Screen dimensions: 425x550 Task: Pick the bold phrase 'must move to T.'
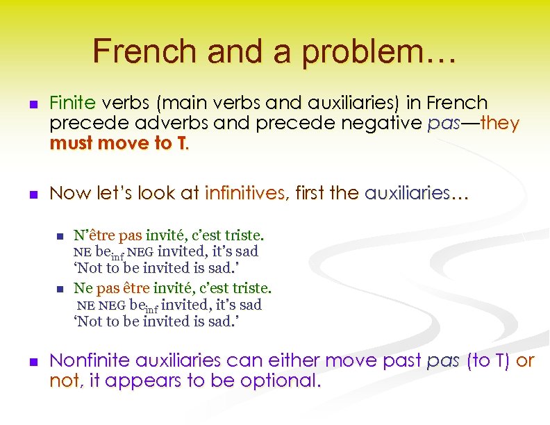118,144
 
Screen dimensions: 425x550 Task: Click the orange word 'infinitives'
244,193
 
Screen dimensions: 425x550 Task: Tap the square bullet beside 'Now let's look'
33,194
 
